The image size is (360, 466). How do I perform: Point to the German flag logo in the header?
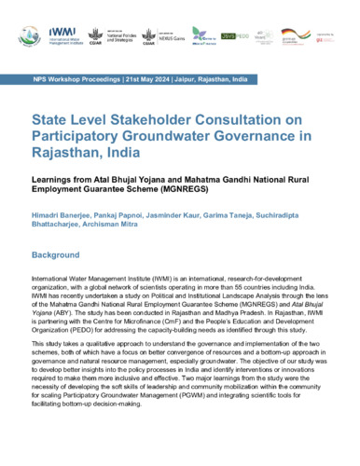tap(290, 35)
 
